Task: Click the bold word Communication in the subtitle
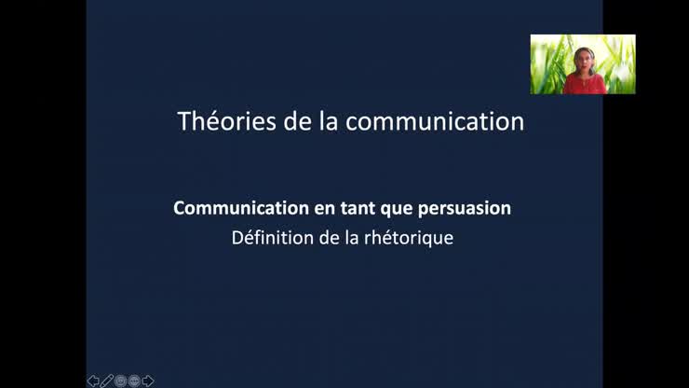coord(229,208)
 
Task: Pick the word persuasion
coord(466,208)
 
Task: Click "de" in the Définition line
coord(330,237)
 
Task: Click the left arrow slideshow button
coord(93,381)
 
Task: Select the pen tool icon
coord(107,381)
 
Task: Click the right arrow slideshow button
coord(148,381)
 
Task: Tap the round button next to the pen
coord(120,381)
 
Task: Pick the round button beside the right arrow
coord(134,381)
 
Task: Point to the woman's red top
coord(584,84)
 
